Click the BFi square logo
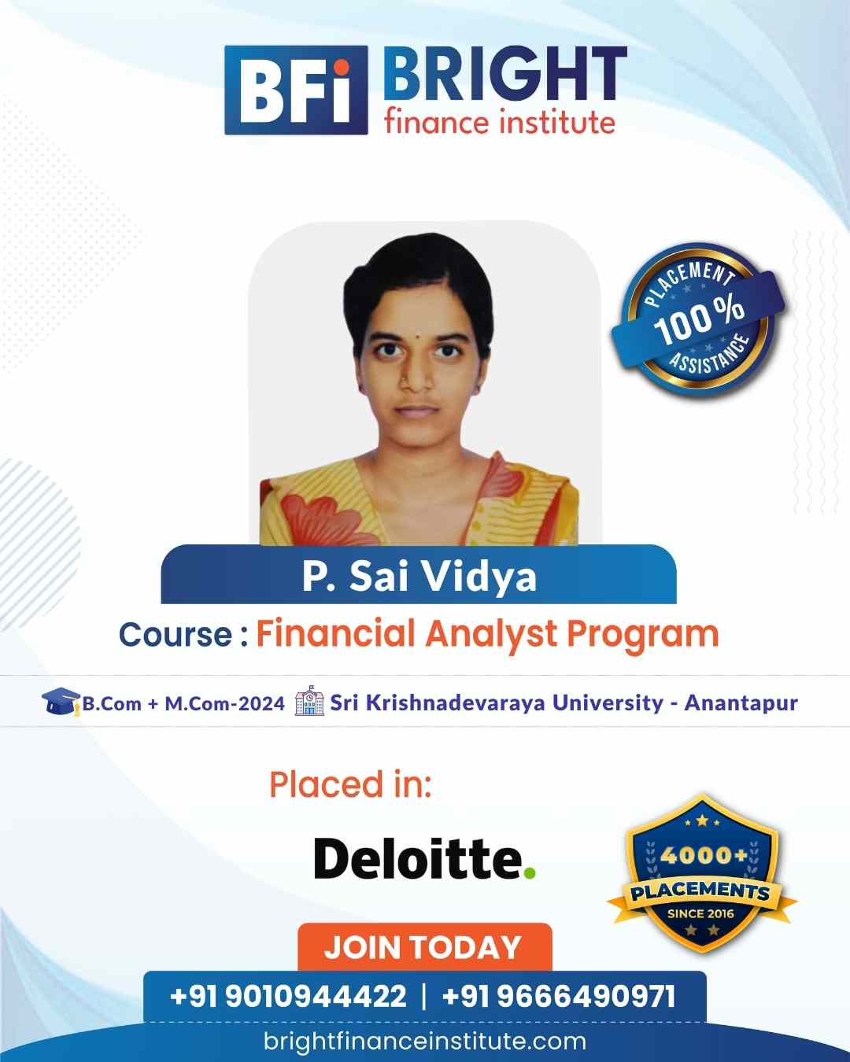296,90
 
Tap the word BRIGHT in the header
504,74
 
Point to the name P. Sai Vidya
419,577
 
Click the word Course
176,635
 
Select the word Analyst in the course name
491,635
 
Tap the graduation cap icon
61,702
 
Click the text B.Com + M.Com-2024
183,703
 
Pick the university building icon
309,700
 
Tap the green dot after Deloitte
529,872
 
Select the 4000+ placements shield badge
702,874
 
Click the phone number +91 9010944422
288,996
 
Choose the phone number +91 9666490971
559,996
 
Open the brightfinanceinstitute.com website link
425,1041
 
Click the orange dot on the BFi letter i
341,67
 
